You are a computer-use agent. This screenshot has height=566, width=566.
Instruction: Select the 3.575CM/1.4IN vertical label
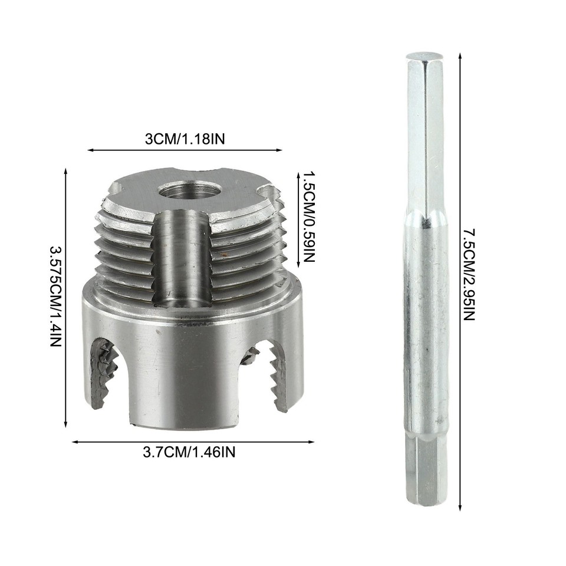coord(54,296)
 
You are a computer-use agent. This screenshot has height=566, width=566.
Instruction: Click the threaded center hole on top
coord(189,190)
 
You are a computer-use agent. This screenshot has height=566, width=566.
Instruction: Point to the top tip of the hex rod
coord(424,56)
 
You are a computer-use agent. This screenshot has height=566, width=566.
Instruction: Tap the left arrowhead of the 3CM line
coord(90,150)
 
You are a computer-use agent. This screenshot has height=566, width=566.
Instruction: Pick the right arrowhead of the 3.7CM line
coord(312,442)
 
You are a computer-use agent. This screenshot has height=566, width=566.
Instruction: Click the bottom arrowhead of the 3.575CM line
coord(65,424)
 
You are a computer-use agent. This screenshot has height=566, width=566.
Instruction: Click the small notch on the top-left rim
coord(115,189)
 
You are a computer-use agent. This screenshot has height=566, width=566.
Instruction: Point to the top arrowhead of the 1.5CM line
coord(293,173)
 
